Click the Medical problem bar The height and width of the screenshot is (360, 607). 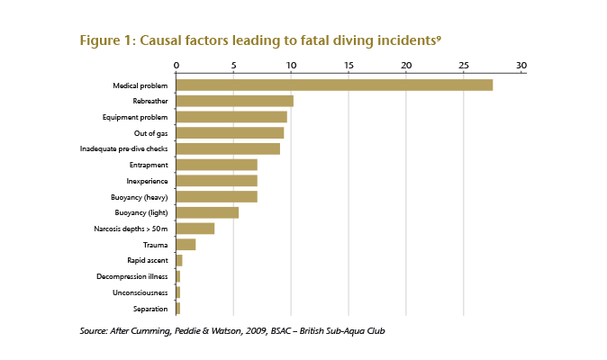[x=334, y=85]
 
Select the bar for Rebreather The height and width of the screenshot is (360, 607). [x=234, y=101]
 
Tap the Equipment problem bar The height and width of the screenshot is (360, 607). [x=231, y=117]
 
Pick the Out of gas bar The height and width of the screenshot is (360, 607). [x=230, y=133]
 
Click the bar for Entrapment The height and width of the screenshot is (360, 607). [x=216, y=165]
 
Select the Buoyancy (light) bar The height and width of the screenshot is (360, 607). [x=207, y=212]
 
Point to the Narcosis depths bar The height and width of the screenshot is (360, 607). [x=195, y=229]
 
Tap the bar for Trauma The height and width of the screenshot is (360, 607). [x=186, y=244]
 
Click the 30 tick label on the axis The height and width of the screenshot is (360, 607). [x=521, y=65]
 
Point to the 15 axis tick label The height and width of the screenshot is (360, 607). [x=349, y=65]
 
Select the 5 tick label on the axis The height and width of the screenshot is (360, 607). [x=233, y=65]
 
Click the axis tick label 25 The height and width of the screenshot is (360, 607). [x=463, y=65]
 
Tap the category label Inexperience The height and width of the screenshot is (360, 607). [x=147, y=181]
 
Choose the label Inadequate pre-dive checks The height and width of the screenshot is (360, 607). [x=123, y=148]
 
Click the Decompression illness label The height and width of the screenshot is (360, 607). [x=131, y=276]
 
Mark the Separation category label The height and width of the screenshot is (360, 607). [x=150, y=309]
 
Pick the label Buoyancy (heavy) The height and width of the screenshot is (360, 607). [x=140, y=197]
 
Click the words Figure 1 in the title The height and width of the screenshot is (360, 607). [x=106, y=40]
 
